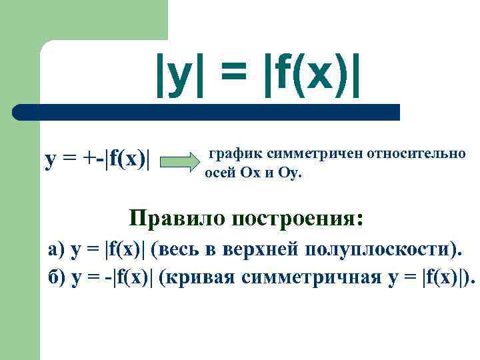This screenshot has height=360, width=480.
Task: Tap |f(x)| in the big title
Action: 312,73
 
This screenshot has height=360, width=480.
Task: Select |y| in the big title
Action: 175,73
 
